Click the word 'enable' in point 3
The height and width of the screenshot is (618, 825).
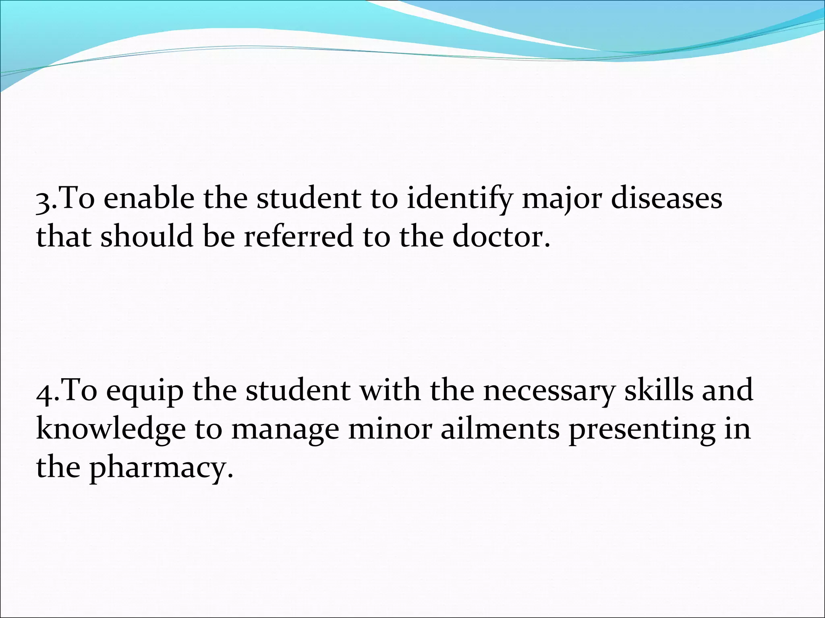coord(148,198)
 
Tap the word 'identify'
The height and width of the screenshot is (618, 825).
coord(460,199)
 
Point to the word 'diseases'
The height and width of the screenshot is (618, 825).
coord(667,198)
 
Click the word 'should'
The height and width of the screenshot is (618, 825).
coord(147,237)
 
